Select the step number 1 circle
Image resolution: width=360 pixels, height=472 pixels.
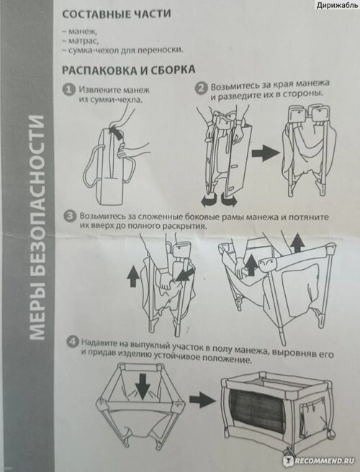click(68, 90)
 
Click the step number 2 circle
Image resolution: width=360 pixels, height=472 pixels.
click(201, 88)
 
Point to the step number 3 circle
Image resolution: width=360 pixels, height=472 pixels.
click(70, 217)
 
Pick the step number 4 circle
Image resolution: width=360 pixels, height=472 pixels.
click(72, 342)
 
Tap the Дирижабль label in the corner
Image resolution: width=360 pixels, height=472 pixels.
click(337, 5)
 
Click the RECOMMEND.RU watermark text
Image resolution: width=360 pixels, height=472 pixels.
click(323, 461)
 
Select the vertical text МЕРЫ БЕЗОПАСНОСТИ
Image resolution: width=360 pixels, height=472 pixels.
click(37, 228)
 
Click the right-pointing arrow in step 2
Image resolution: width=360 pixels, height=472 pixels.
click(266, 153)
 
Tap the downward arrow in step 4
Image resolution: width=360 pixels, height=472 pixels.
click(143, 386)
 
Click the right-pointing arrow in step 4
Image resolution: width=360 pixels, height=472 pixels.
click(203, 400)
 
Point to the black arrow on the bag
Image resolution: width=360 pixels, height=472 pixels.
click(118, 133)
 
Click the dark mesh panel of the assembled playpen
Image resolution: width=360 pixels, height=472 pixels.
click(257, 410)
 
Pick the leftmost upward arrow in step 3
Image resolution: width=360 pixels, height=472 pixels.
click(133, 277)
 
